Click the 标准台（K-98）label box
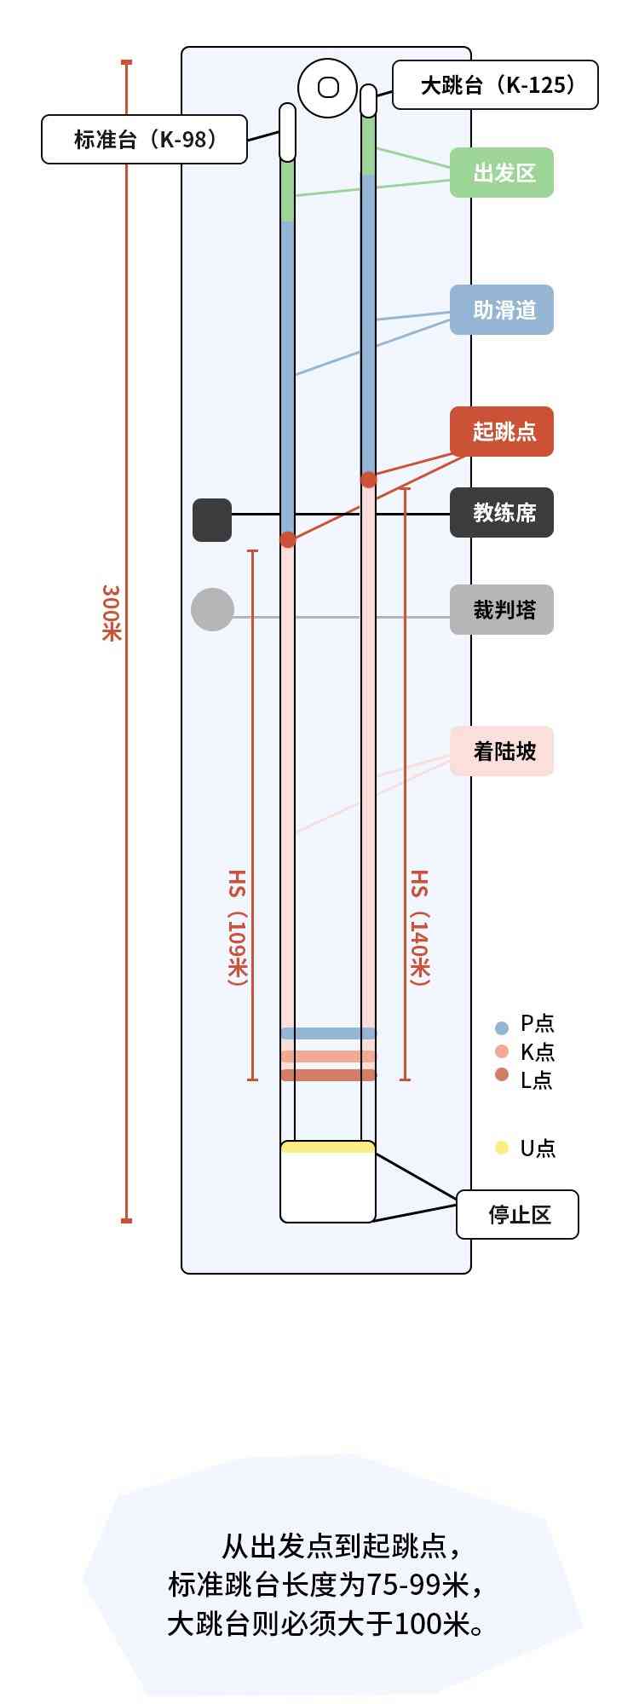(x=144, y=139)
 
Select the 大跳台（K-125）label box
(x=495, y=85)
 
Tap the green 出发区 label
(x=502, y=173)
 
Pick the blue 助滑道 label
(x=502, y=310)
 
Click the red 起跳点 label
(x=502, y=432)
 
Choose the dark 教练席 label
(x=502, y=513)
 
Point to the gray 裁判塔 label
(x=502, y=610)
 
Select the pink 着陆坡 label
(x=502, y=751)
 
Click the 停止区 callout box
(x=517, y=1214)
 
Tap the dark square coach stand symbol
(x=212, y=520)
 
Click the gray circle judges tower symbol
(x=212, y=610)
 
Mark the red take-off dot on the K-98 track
(x=288, y=539)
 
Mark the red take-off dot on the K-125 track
(x=368, y=480)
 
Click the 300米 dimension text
(x=112, y=613)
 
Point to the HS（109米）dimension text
(x=237, y=928)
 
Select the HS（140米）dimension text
(x=420, y=928)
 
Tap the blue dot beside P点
(x=502, y=1028)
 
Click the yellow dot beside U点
(x=502, y=1148)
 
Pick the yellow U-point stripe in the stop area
(x=328, y=1148)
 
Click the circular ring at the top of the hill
(x=328, y=88)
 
